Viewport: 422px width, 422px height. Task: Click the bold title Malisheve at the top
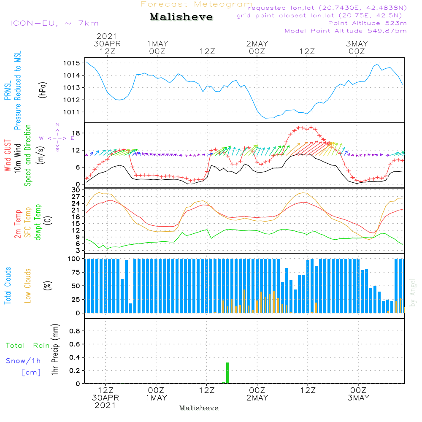(x=181, y=17)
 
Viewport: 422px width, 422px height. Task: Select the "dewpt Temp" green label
(x=38, y=222)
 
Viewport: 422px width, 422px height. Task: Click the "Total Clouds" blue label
(x=8, y=286)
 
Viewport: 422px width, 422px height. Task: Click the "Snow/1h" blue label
(x=23, y=361)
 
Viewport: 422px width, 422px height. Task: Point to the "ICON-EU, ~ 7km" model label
(x=54, y=23)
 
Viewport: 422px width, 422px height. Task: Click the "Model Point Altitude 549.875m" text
(x=346, y=31)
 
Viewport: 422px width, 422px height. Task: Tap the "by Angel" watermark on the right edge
(x=413, y=292)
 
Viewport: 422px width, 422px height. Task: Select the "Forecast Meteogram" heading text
(x=197, y=4)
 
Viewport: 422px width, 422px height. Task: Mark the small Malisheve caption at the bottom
(x=199, y=408)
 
